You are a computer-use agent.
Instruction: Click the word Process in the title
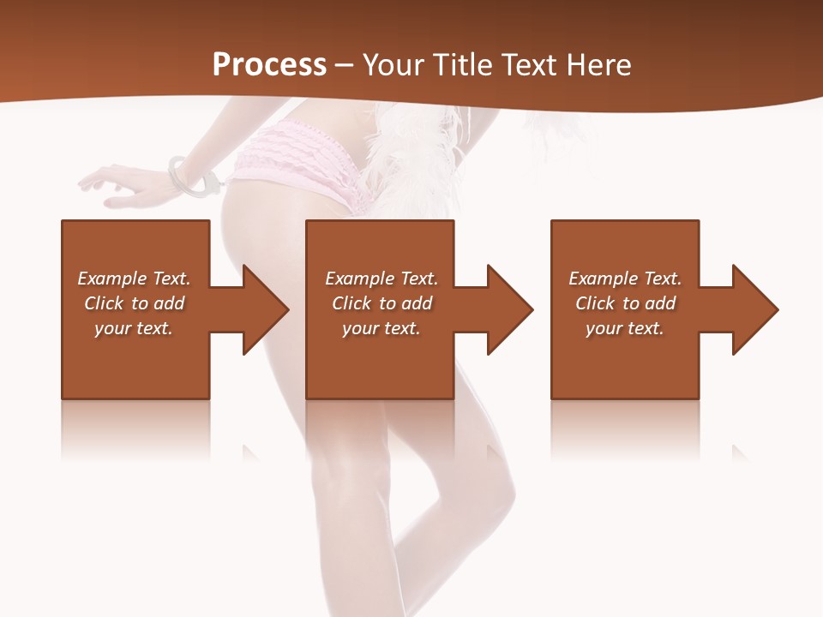click(269, 65)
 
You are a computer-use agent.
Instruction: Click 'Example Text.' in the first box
click(134, 279)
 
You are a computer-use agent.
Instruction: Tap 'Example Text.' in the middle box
click(381, 279)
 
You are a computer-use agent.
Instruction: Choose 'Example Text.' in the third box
click(625, 279)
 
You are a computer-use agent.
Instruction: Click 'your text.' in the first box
click(134, 328)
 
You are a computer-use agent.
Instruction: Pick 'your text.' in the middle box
click(381, 328)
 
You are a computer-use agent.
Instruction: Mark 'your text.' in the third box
click(625, 328)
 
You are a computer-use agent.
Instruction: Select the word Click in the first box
click(105, 303)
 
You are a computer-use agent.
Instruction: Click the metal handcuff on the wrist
click(194, 177)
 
